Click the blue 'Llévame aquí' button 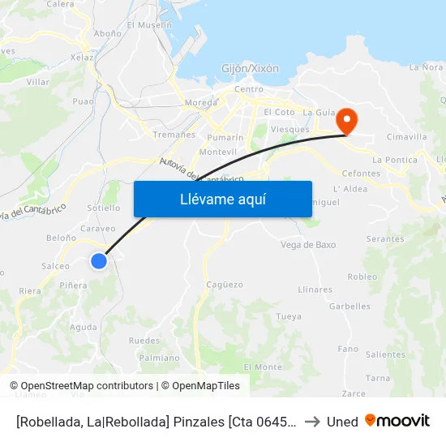click(x=223, y=199)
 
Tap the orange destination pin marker click(x=347, y=121)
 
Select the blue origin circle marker click(x=99, y=261)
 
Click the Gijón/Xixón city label click(x=251, y=69)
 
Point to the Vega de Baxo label click(x=308, y=245)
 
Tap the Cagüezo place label click(x=225, y=285)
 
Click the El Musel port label click(x=149, y=25)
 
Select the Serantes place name click(x=385, y=239)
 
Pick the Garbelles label click(x=350, y=307)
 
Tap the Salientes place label click(x=385, y=354)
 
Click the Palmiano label click(x=160, y=358)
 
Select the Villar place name click(x=38, y=82)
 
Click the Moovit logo click(x=397, y=421)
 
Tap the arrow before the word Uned click(x=311, y=422)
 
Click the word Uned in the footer click(x=342, y=422)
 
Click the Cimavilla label click(x=407, y=137)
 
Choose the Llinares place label click(x=315, y=289)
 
